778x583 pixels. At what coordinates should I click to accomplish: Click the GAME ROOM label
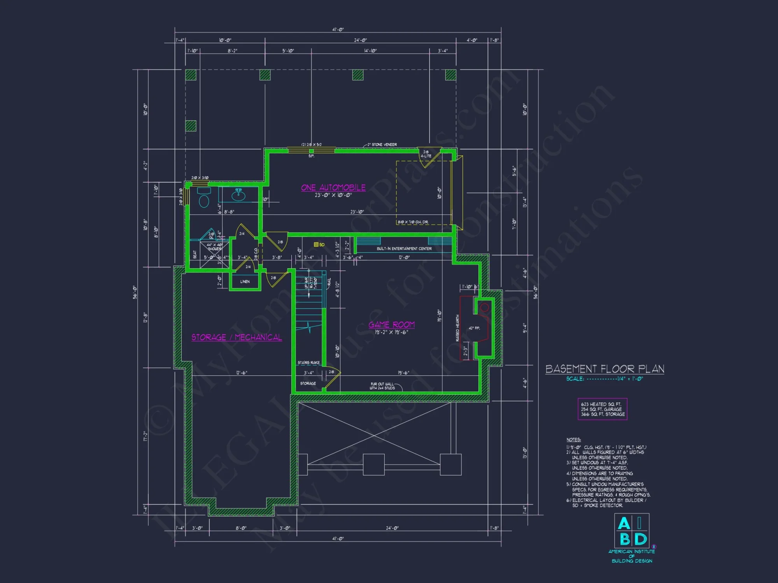[x=391, y=325]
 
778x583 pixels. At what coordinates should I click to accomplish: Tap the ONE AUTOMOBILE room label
[x=333, y=187]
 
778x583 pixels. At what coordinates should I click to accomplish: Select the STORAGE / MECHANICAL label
[x=237, y=337]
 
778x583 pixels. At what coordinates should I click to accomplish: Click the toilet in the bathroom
[x=204, y=199]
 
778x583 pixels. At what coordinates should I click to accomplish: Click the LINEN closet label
[x=245, y=281]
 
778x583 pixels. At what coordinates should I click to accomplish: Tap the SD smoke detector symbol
[x=317, y=244]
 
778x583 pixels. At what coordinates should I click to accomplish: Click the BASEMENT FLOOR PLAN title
[x=605, y=369]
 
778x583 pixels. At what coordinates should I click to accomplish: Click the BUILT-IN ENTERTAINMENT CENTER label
[x=404, y=249]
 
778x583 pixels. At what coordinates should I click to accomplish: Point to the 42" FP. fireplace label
[x=474, y=328]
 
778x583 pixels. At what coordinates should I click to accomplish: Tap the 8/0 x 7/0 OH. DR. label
[x=413, y=222]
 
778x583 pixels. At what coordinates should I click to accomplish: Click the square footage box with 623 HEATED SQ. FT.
[x=603, y=409]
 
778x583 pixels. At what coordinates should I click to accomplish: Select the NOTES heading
[x=573, y=440]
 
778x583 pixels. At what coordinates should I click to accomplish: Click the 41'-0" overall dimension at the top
[x=338, y=30]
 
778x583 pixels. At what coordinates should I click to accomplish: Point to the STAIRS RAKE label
[x=308, y=363]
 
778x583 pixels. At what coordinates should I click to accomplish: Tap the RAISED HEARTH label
[x=457, y=328]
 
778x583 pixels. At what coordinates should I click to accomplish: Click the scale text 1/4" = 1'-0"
[x=630, y=379]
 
